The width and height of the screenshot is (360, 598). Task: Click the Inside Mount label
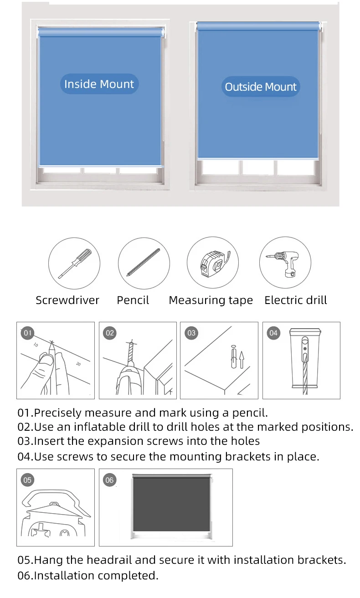[99, 84]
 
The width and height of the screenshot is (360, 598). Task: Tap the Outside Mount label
[261, 87]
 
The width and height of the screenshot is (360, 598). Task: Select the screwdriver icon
[74, 263]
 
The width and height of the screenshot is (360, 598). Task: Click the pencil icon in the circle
[143, 262]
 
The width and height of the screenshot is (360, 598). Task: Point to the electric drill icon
[283, 264]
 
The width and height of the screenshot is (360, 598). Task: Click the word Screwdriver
[67, 300]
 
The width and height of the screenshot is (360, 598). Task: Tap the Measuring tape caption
[211, 300]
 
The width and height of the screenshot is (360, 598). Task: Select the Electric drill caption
[295, 300]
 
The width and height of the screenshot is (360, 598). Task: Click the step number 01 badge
[27, 333]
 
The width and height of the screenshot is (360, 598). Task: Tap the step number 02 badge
[110, 333]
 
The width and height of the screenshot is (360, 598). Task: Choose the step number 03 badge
[191, 333]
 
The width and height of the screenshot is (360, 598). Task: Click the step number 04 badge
[273, 333]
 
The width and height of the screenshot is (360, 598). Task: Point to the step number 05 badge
[27, 480]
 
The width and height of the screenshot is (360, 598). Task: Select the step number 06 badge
[109, 480]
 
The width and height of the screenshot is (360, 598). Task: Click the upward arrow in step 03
[242, 360]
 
